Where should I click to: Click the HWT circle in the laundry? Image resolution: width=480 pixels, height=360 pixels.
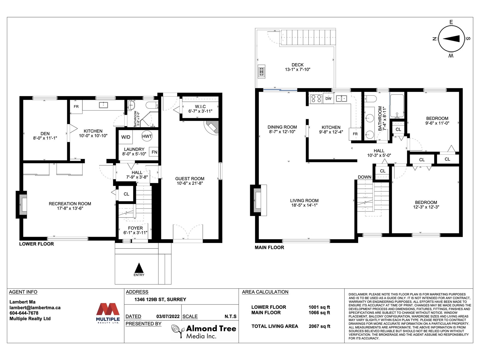coord(147,136)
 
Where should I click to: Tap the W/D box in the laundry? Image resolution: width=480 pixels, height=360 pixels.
coord(126,137)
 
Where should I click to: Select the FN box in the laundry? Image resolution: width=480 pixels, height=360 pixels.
coord(154,152)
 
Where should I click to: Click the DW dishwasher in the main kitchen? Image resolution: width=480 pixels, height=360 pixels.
coord(328,98)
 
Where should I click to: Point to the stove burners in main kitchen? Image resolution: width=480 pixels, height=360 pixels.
coord(316,98)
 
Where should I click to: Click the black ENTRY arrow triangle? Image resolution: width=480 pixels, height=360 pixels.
coord(139,268)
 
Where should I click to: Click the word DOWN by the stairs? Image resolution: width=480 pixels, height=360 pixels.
coord(364,177)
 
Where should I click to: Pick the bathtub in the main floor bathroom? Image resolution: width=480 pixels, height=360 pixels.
coord(397,106)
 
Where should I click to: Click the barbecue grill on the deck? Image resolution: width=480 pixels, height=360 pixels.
coord(261,71)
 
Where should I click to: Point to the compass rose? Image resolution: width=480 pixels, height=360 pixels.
coord(451,39)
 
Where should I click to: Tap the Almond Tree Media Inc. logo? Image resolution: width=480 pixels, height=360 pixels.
coord(204,331)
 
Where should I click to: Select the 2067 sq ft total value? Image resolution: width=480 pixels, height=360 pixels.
coord(319,326)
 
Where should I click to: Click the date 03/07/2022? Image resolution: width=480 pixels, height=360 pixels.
coord(168,316)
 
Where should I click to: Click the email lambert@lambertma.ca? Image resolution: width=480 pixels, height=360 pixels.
coord(35,307)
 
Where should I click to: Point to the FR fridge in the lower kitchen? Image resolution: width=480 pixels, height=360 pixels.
coord(76,107)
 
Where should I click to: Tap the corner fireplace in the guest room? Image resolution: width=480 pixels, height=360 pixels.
coord(212,127)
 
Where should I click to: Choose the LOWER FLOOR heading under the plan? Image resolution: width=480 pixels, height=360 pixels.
coord(37,244)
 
